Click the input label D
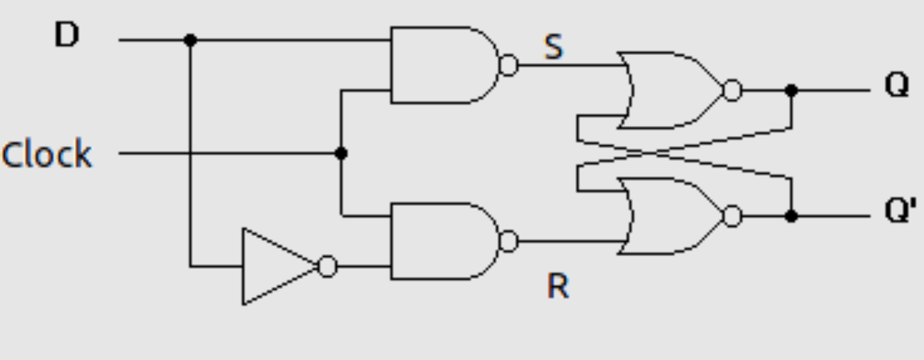point(66,35)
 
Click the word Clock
point(47,154)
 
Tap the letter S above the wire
point(553,47)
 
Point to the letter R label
point(558,286)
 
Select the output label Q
point(897,85)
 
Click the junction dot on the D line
point(190,40)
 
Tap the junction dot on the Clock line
point(341,154)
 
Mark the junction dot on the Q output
point(791,91)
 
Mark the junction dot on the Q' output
point(791,216)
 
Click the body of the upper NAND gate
point(443,65)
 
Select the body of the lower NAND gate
point(443,241)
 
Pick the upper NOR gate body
point(673,91)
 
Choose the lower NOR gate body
point(673,216)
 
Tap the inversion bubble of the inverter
point(327,266)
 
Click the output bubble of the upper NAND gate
point(509,65)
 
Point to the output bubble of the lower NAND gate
point(509,241)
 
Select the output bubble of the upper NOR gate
point(733,91)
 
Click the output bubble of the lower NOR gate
point(733,216)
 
